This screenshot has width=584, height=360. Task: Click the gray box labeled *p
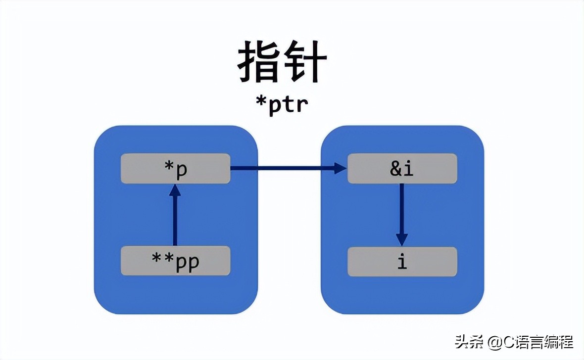[x=176, y=169]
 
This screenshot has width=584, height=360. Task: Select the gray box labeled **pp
[x=176, y=261]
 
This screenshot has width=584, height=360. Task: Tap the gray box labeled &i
[x=402, y=169]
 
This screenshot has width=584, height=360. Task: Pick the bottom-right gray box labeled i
[x=402, y=261]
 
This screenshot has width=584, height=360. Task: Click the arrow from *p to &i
[x=287, y=169]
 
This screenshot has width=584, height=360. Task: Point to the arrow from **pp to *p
[x=175, y=218]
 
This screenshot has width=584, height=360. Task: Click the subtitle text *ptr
[x=282, y=104]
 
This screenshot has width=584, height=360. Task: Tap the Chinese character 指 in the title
[x=258, y=63]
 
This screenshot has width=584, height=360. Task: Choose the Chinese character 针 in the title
[x=305, y=63]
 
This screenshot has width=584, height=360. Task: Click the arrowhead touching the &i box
[x=341, y=169]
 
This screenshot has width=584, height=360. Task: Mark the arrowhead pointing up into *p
[x=175, y=190]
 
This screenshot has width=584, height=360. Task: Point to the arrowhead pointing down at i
[x=401, y=239]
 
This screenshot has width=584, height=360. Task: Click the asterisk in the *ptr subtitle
[x=262, y=102]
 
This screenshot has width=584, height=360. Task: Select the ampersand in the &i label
[x=396, y=169]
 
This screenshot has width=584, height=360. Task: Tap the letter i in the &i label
[x=408, y=169]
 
